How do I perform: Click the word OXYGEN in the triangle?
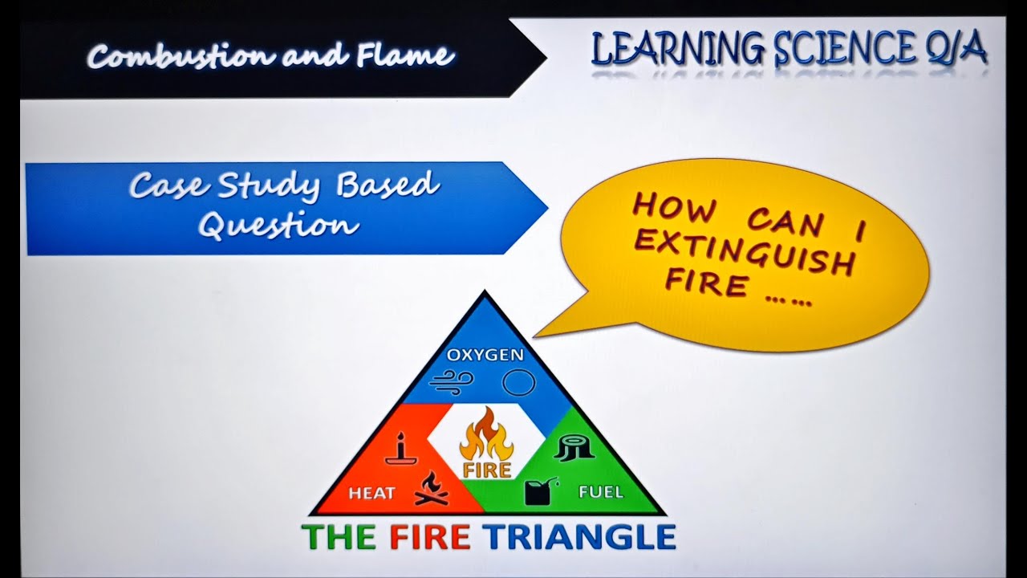[485, 354]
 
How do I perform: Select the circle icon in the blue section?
[518, 383]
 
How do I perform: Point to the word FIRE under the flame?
[486, 469]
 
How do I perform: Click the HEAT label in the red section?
[371, 493]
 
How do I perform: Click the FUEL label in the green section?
[600, 491]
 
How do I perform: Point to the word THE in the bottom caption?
[339, 537]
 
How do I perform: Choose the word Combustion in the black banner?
[177, 56]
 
